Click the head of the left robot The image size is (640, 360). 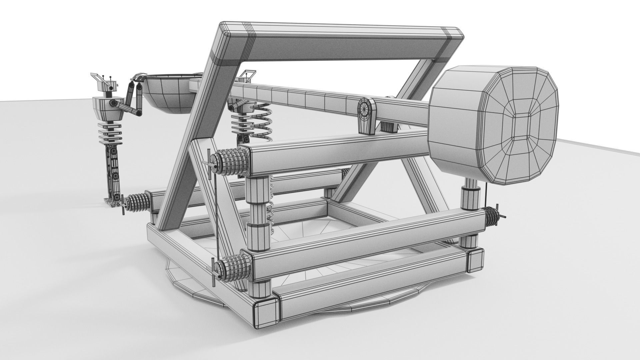click(104, 86)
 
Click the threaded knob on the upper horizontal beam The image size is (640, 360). click(230, 163)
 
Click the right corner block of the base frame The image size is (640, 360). click(475, 260)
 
